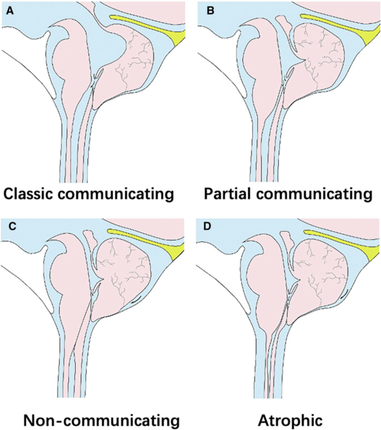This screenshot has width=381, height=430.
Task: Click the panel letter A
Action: (10, 11)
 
